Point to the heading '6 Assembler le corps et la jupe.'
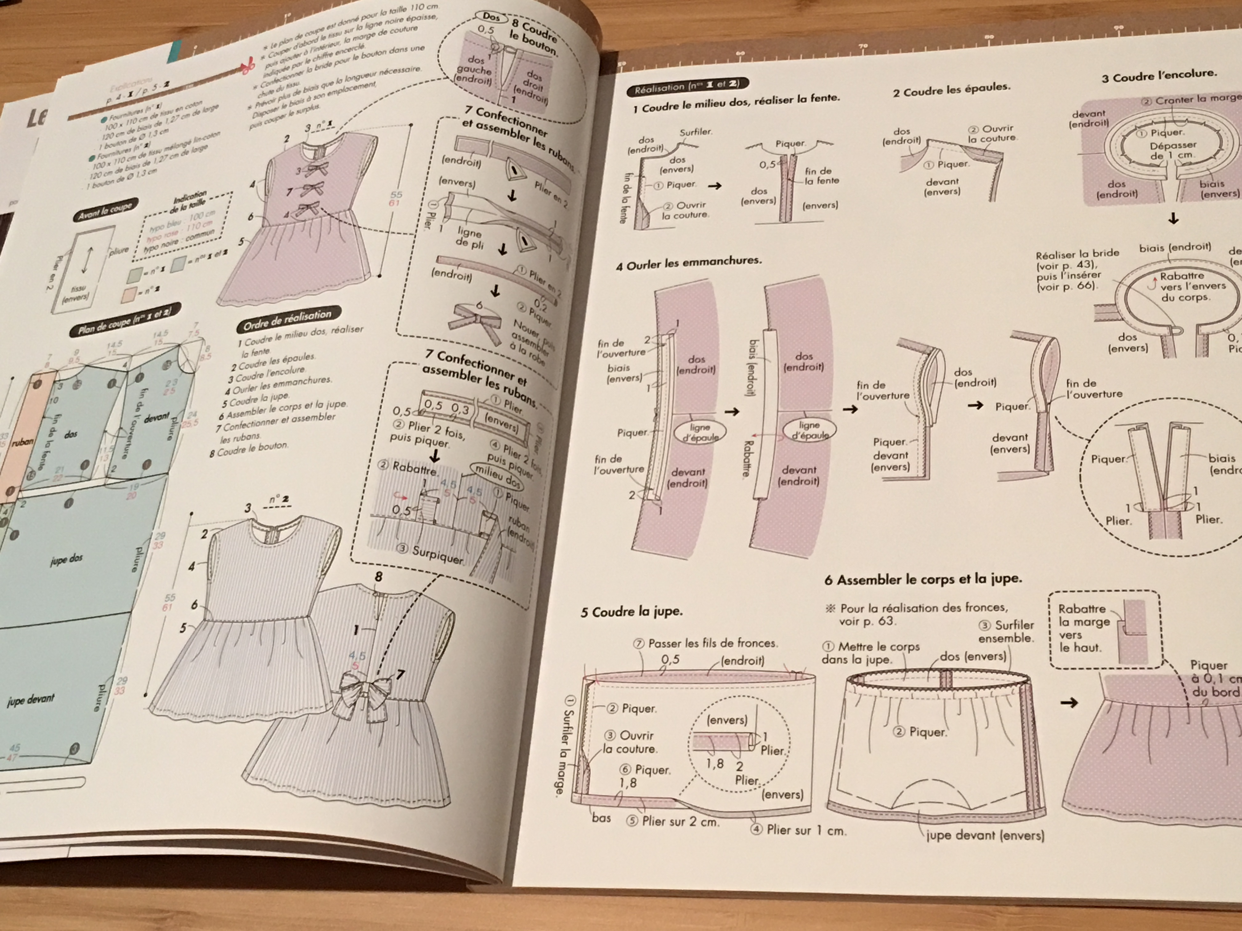coord(923,578)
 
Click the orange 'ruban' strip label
coord(22,442)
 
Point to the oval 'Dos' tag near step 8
coord(491,17)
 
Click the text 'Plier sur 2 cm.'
coord(680,822)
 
